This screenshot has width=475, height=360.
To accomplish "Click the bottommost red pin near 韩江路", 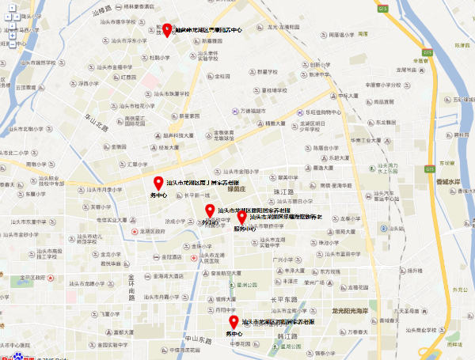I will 234,322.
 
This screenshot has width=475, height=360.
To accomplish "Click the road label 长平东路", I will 283,300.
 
